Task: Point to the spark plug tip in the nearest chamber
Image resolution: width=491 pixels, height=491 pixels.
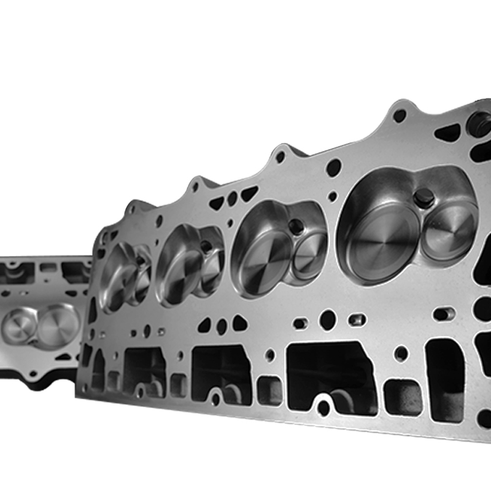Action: point(423,198)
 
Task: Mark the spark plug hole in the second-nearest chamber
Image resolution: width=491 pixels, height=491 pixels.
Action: point(296,226)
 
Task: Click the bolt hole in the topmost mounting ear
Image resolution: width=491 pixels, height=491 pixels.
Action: point(400,115)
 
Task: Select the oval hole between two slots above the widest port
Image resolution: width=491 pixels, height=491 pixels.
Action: point(328,319)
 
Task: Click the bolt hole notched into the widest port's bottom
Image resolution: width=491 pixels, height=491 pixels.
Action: point(324,406)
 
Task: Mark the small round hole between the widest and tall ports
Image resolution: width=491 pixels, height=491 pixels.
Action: point(401,353)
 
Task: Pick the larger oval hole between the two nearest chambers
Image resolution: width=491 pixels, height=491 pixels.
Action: point(334,168)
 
